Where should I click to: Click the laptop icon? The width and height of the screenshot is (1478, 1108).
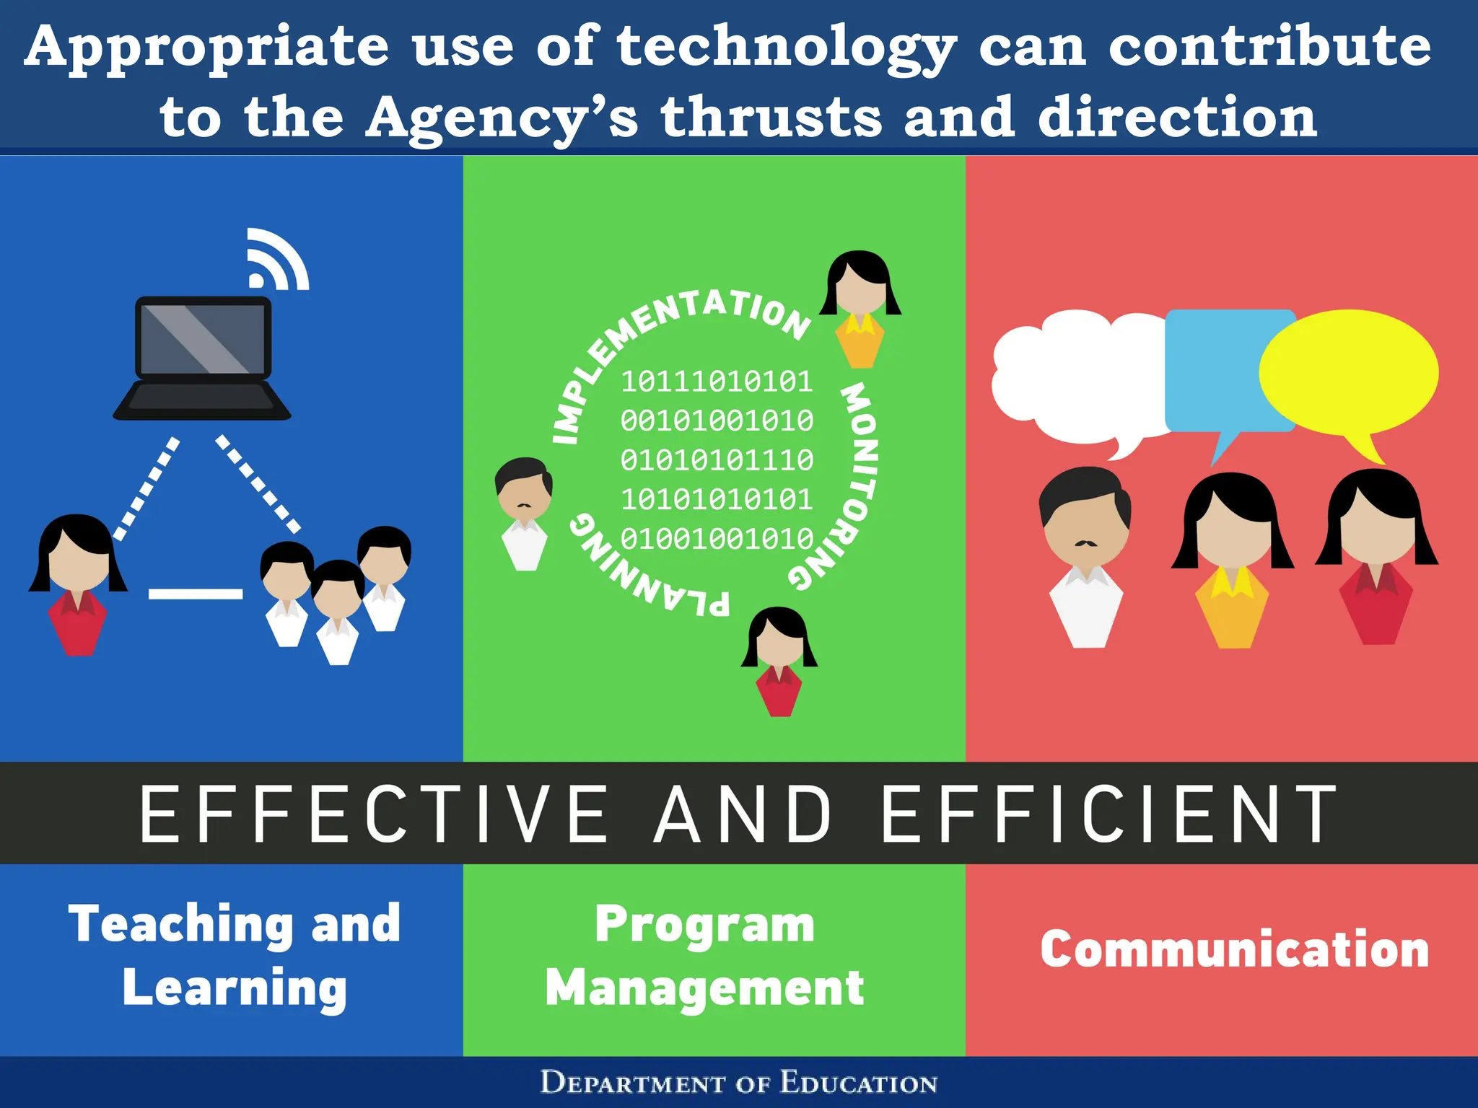203,357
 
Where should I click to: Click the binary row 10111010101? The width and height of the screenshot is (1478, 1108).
717,382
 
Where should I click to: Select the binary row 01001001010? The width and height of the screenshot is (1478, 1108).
717,539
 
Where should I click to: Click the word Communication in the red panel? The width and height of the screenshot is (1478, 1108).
1235,949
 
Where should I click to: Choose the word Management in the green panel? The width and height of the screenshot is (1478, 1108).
704,988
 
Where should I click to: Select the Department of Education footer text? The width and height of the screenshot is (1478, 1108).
739,1083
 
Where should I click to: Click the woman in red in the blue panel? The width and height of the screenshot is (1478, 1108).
77,584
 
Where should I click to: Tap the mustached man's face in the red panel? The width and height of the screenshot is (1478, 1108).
1085,527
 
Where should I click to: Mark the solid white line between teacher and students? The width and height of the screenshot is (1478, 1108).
196,594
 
